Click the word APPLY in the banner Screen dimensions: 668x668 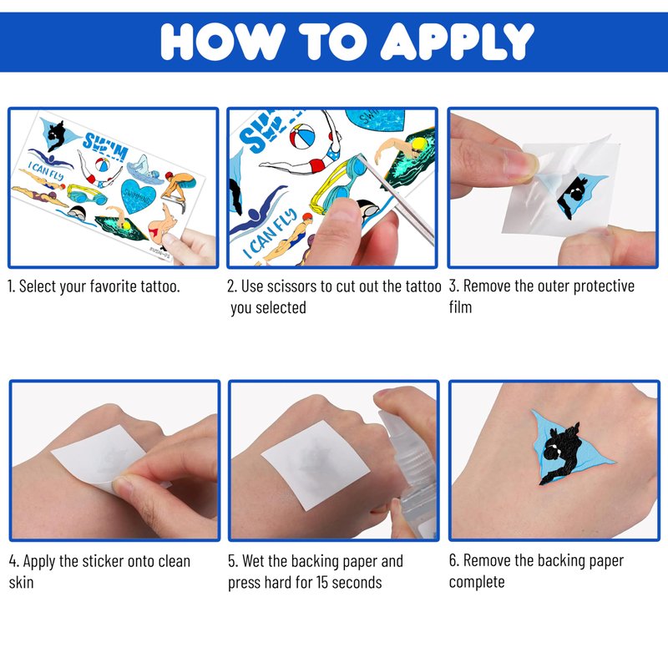(x=457, y=41)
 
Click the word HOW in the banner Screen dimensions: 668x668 (x=222, y=41)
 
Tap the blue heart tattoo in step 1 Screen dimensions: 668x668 (x=138, y=195)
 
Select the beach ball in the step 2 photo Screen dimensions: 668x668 (x=302, y=136)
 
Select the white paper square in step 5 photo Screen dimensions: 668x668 (x=316, y=465)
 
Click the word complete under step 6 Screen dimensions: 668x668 (x=477, y=582)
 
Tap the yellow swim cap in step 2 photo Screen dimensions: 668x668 (x=419, y=144)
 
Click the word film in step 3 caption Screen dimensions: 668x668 (x=460, y=306)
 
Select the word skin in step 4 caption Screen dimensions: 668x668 (x=22, y=582)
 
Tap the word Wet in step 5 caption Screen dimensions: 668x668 (x=255, y=561)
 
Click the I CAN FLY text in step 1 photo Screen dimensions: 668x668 (x=46, y=170)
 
